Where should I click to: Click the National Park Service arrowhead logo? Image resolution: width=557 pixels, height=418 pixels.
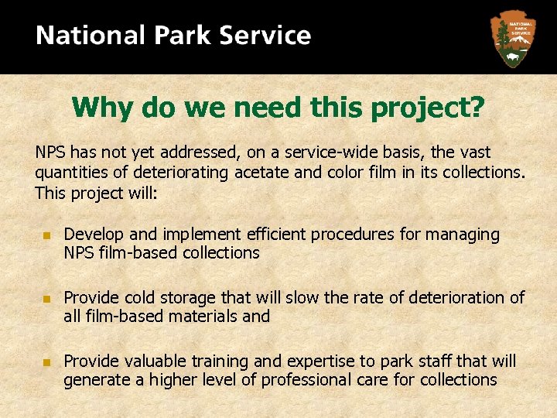512,37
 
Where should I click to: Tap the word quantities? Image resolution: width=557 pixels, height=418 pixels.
70,173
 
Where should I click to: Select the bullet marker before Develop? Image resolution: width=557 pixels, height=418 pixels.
46,235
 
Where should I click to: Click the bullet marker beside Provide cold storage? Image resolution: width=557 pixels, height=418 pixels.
46,298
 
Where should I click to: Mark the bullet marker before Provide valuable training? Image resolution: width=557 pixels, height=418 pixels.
46,361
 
